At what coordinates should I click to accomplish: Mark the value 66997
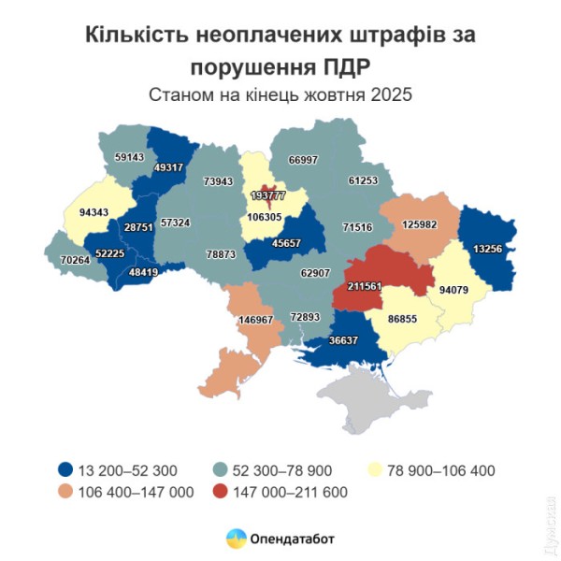pyautogui.click(x=305, y=160)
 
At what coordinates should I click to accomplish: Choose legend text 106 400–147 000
pyautogui.click(x=140, y=491)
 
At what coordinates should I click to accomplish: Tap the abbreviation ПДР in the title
pyautogui.click(x=340, y=67)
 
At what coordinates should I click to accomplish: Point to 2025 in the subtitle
pyautogui.click(x=391, y=95)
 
